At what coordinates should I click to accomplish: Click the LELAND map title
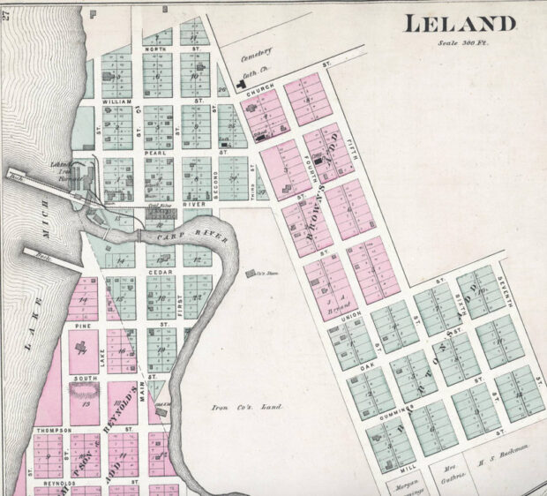[459, 25]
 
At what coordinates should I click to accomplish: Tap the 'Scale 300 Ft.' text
[462, 44]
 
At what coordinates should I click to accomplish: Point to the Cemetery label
[258, 55]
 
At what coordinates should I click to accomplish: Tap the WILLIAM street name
[116, 102]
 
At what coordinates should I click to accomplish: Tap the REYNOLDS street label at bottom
[55, 483]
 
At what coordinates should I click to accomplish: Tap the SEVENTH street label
[506, 283]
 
